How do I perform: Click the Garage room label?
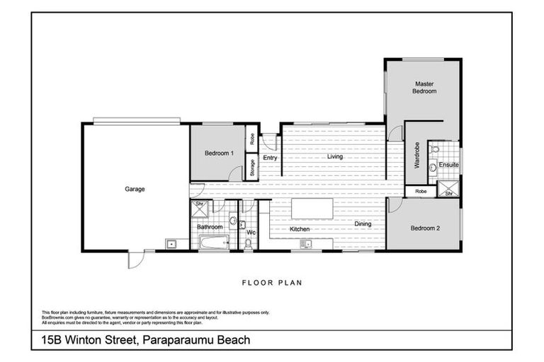point(135,189)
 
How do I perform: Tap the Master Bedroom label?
point(425,87)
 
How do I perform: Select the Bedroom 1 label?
point(219,153)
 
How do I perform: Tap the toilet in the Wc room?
point(248,244)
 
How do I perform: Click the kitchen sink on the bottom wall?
point(306,245)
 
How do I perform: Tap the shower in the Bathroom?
point(200,206)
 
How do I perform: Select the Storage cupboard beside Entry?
point(252,167)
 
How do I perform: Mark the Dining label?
point(363,225)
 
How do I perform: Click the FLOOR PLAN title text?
point(272,283)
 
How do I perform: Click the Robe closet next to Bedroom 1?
point(252,139)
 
